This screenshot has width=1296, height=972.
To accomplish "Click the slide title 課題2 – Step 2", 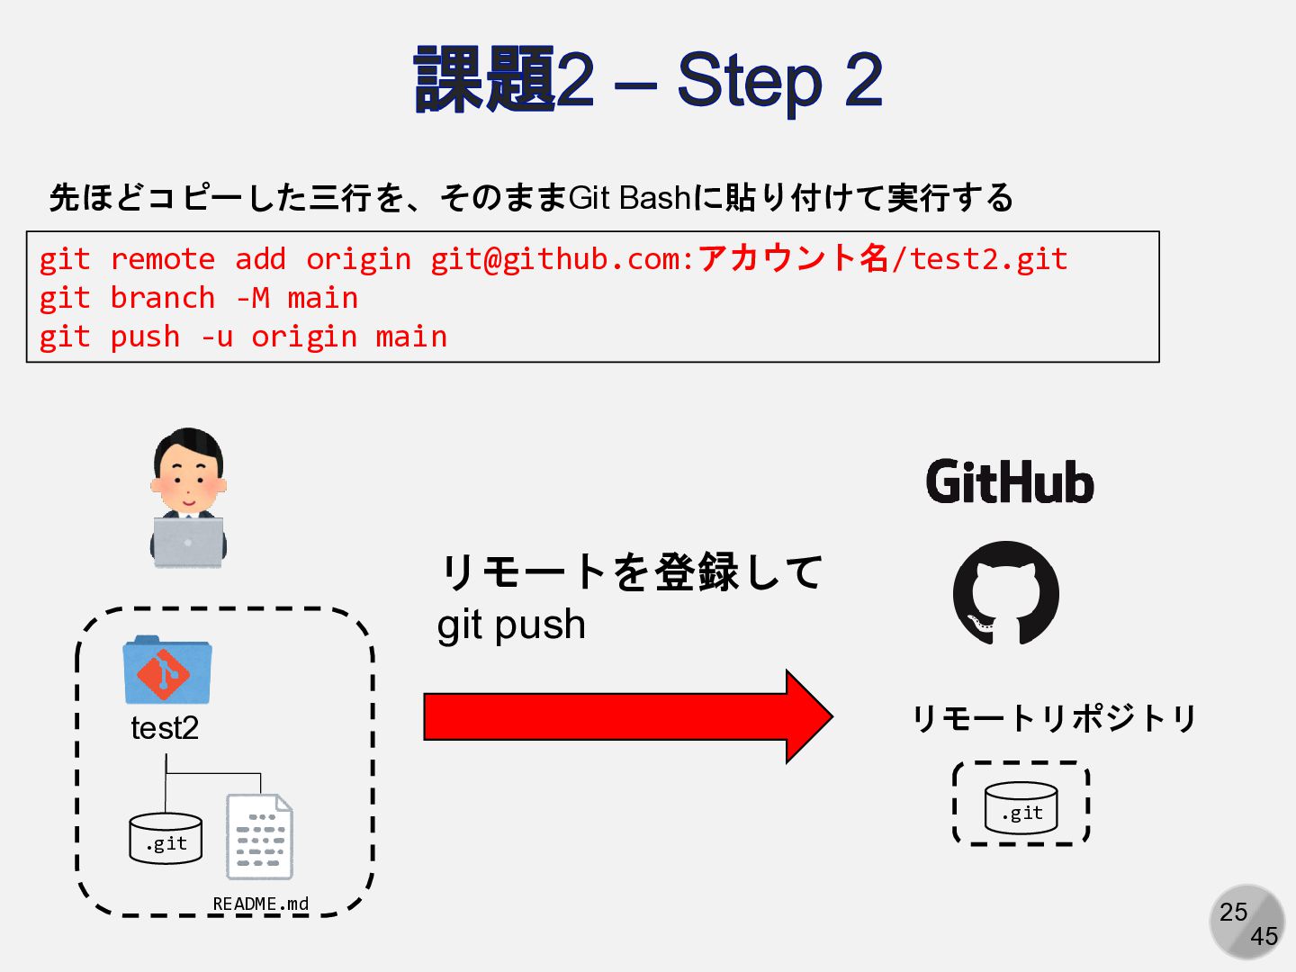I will pyautogui.click(x=648, y=81).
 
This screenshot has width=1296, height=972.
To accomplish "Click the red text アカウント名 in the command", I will pyautogui.click(x=793, y=258).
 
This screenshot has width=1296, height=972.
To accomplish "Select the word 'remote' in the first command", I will pyautogui.click(x=162, y=259).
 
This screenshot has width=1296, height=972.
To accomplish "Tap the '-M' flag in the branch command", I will pyautogui.click(x=252, y=298).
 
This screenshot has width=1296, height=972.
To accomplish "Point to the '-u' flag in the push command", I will pyautogui.click(x=216, y=337).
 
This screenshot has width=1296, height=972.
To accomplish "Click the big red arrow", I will pyautogui.click(x=627, y=716).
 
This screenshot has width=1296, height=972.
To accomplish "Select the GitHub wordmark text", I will pyautogui.click(x=1010, y=482).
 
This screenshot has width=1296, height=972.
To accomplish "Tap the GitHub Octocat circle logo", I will pyautogui.click(x=1006, y=593).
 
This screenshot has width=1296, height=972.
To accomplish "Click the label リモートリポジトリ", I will pyautogui.click(x=1054, y=718).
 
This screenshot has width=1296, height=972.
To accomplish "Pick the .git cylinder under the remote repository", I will pyautogui.click(x=1021, y=807).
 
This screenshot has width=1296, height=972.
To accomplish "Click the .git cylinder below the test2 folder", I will pyautogui.click(x=166, y=839).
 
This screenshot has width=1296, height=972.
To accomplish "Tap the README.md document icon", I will pyautogui.click(x=259, y=837).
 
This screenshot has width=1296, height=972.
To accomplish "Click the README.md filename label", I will pyautogui.click(x=260, y=904).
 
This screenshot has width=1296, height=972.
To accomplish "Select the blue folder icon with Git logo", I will pyautogui.click(x=166, y=670).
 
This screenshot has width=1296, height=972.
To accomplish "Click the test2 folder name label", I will pyautogui.click(x=165, y=728).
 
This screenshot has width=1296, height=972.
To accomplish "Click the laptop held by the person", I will pyautogui.click(x=188, y=542).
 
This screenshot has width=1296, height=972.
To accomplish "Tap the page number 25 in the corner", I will pyautogui.click(x=1234, y=912).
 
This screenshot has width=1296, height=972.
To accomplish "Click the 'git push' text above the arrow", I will pyautogui.click(x=511, y=625).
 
